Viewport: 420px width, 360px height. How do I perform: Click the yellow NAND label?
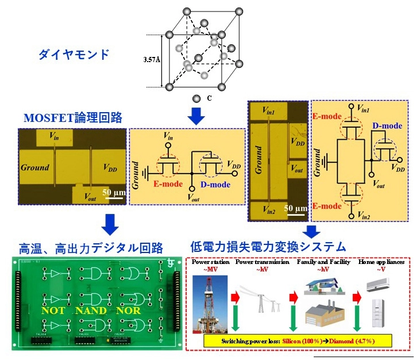tap(91, 311)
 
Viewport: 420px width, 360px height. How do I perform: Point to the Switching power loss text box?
tap(298, 342)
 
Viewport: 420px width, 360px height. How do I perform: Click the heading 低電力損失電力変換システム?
tap(268, 247)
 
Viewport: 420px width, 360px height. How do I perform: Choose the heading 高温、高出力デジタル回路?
tap(91, 249)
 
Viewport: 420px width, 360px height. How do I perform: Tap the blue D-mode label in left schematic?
tap(215, 185)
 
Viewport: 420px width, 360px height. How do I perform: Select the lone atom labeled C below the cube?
tap(197, 99)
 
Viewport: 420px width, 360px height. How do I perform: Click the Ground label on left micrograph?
tap(35, 168)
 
